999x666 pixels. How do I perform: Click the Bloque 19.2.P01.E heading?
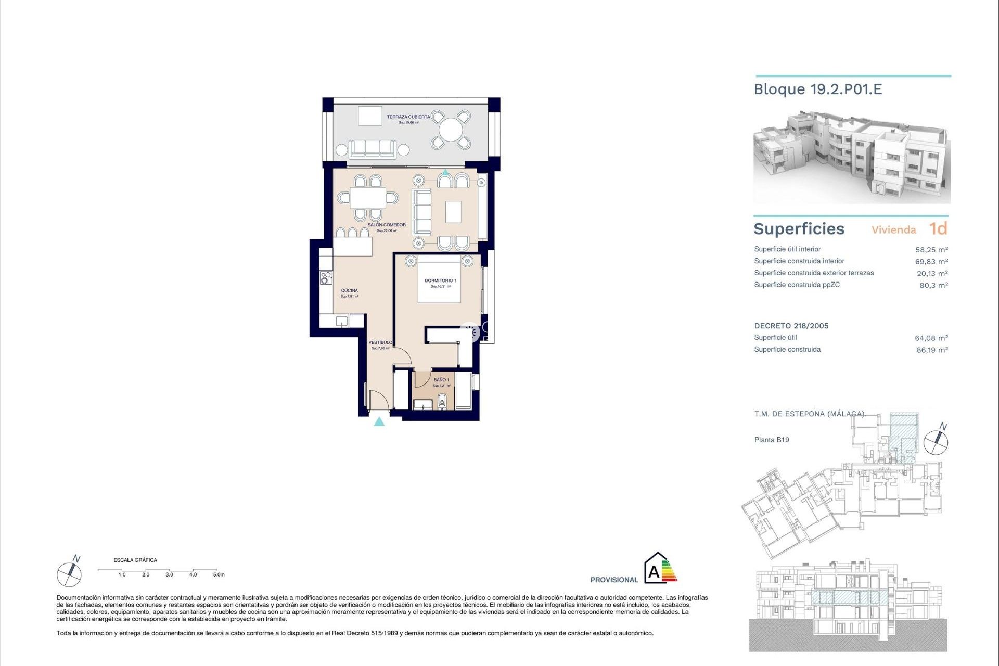pos(817,89)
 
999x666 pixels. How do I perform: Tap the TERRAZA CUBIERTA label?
pos(408,117)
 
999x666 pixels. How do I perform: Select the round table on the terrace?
pos(451,130)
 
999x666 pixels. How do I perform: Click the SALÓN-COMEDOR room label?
pos(386,225)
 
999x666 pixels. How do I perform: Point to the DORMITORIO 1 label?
pos(440,281)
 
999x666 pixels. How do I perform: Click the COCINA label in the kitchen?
pos(349,291)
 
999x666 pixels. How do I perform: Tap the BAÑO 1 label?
pos(441,380)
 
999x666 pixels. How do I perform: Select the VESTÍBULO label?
pos(380,343)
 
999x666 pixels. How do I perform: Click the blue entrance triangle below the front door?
pos(379,422)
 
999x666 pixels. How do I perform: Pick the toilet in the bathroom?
pos(442,401)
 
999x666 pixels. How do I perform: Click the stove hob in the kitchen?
pos(326,278)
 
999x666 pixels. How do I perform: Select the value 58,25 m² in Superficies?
pos(931,250)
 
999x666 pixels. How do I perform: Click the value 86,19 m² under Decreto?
pos(932,350)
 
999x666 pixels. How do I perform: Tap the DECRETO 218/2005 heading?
pos(791,326)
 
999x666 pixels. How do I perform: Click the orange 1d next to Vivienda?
pos(938,229)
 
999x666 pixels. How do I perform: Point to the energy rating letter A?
pos(654,573)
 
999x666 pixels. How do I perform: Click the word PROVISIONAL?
pos(614,580)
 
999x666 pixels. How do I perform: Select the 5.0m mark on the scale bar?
pos(219,574)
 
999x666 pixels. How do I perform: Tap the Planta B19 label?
pos(771,440)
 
